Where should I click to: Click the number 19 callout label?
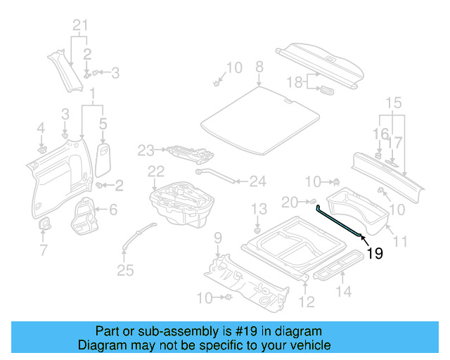(375, 254)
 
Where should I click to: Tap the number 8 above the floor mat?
(259, 67)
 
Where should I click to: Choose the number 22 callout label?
(155, 171)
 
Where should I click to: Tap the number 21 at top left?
(82, 27)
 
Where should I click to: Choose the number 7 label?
(44, 250)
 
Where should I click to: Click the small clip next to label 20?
(312, 202)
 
